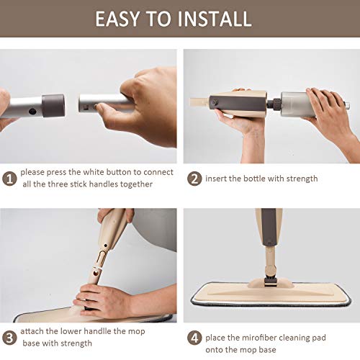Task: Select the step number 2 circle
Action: click(x=194, y=178)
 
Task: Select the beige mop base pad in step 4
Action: click(x=270, y=298)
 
